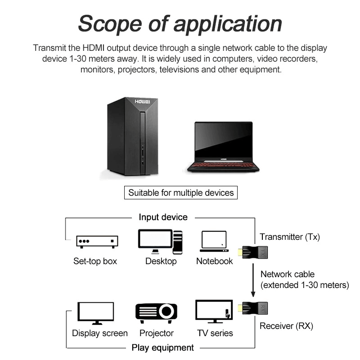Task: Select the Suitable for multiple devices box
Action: tap(181, 193)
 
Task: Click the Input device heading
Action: tap(163, 217)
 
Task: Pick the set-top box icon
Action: tap(97, 242)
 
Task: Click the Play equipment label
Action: tap(162, 347)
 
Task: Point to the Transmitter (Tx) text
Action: tap(290, 237)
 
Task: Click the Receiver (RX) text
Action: tap(286, 326)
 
